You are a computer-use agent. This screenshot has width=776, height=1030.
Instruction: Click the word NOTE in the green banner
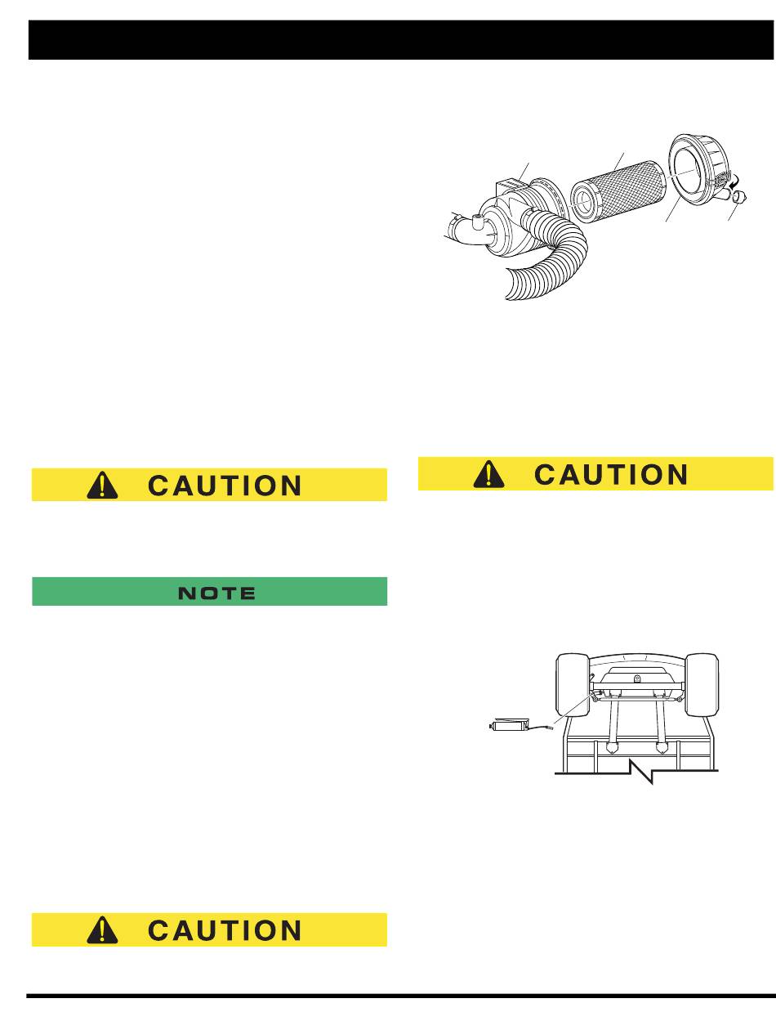[x=216, y=593]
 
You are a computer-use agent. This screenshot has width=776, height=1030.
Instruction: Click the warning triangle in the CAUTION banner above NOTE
[x=102, y=485]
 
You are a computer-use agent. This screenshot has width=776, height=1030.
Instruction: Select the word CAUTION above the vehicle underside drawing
[x=611, y=474]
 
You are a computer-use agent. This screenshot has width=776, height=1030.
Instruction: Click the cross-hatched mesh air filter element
[x=618, y=191]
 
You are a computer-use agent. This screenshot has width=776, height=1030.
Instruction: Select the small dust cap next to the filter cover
[x=739, y=198]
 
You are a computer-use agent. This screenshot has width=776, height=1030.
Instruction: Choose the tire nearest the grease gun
[x=572, y=685]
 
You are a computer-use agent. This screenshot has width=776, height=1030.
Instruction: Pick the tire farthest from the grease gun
[x=702, y=685]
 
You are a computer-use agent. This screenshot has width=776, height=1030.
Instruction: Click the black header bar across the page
[x=401, y=40]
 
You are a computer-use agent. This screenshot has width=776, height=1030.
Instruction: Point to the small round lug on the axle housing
[x=637, y=678]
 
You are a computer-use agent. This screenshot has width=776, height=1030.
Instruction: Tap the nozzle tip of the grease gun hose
[x=551, y=728]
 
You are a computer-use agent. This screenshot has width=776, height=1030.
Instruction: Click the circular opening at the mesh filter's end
[x=584, y=202]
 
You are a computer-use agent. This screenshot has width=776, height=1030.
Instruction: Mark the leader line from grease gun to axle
[x=573, y=709]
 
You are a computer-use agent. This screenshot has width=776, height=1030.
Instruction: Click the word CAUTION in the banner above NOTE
[x=225, y=486]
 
